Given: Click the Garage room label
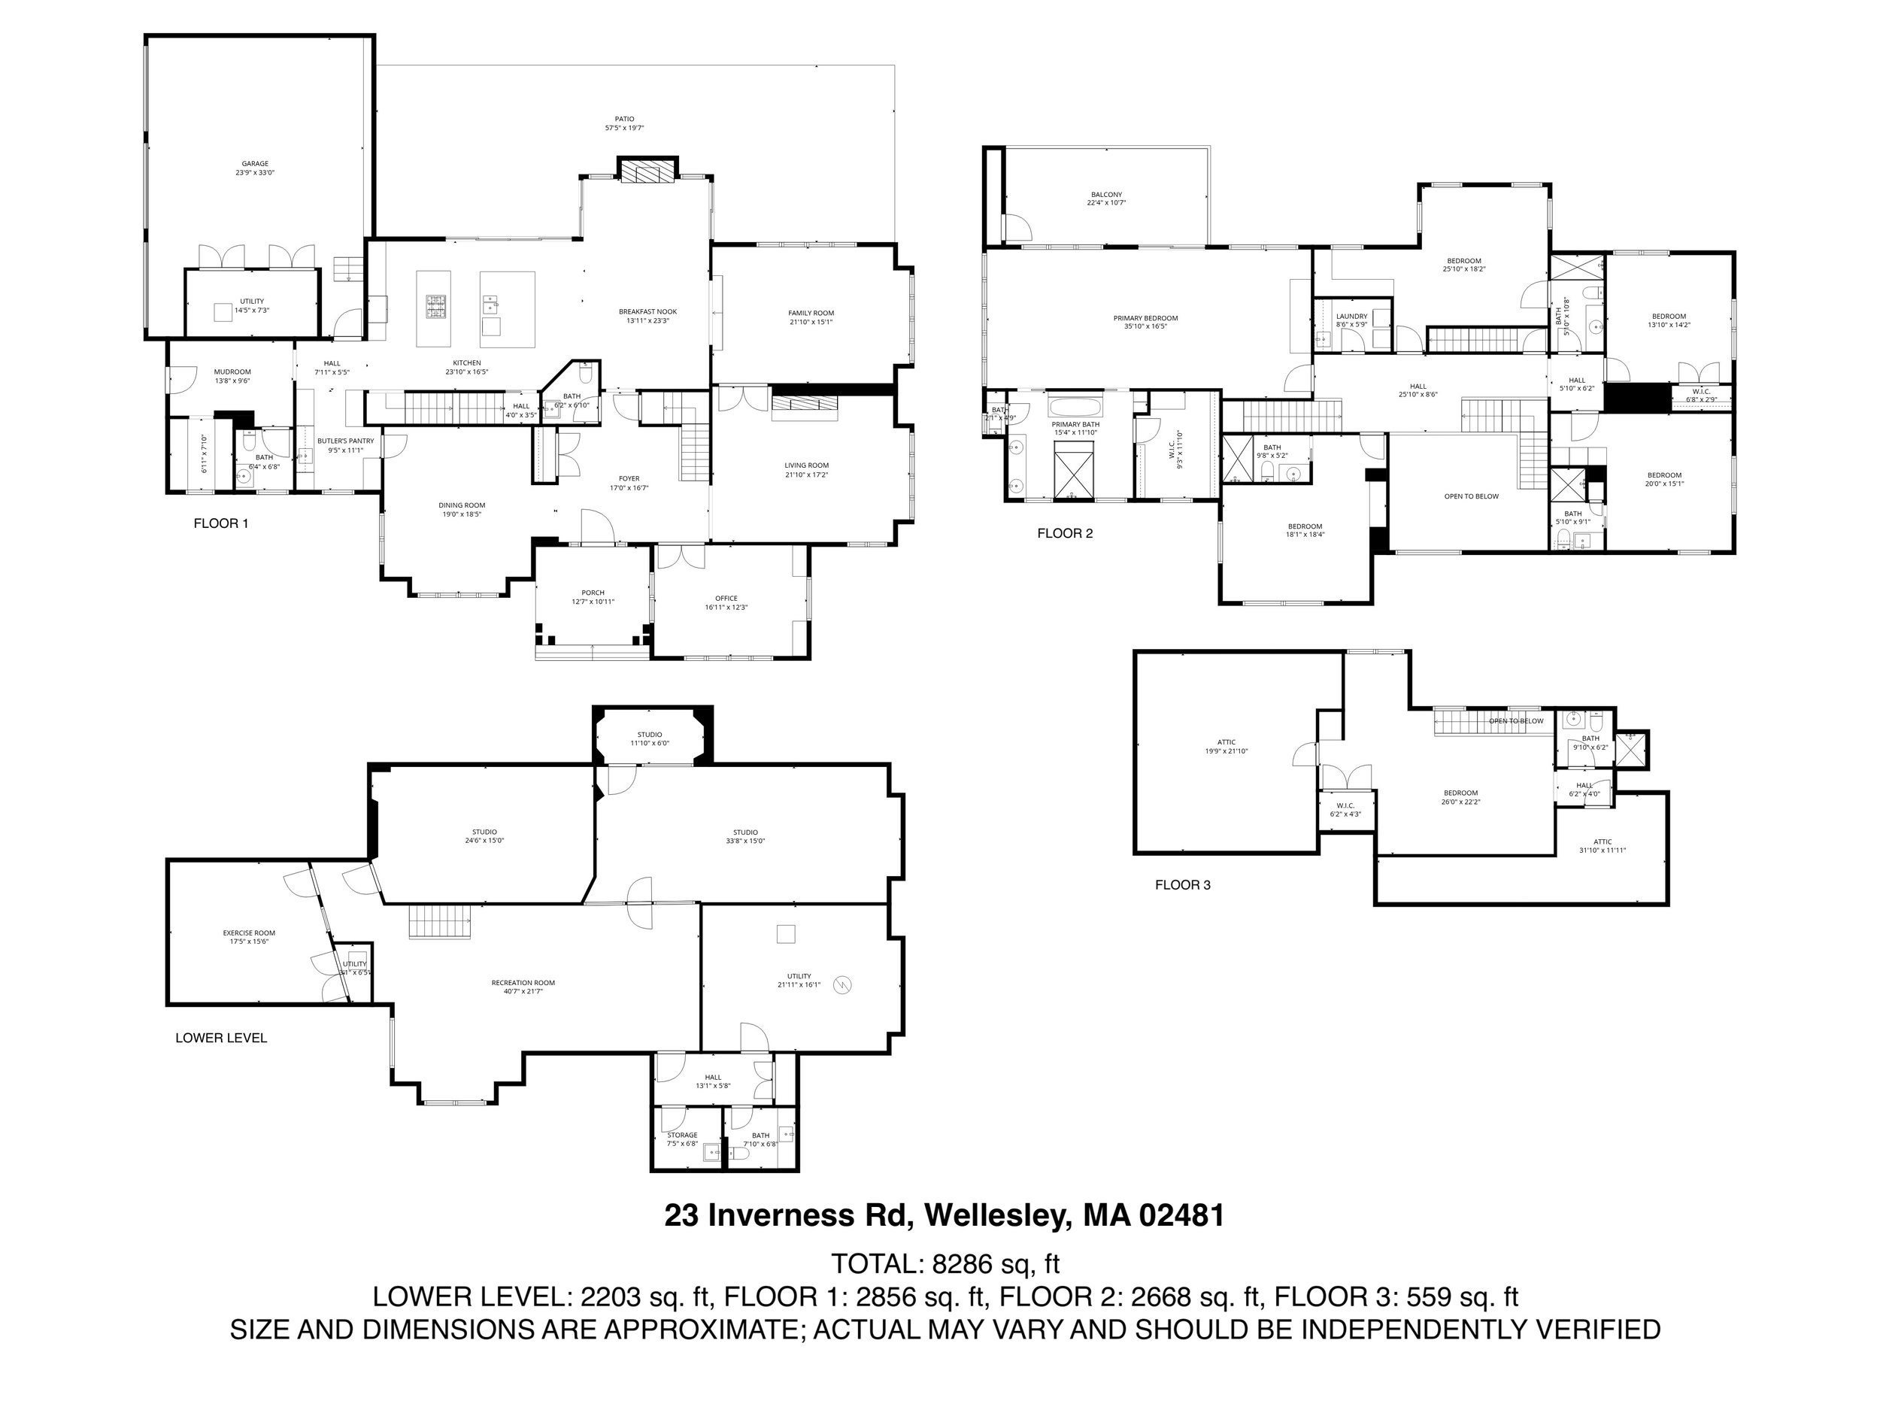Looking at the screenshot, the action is tap(255, 164).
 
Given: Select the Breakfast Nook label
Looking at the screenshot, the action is tap(647, 312).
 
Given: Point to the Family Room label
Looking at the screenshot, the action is tap(811, 314).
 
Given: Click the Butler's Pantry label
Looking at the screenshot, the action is tap(345, 441).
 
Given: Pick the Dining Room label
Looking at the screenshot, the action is tap(462, 505).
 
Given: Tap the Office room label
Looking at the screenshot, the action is tap(726, 599).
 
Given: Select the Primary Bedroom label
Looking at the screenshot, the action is tap(1146, 319).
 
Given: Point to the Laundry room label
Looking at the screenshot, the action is tap(1351, 316).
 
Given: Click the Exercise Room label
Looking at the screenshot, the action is tap(249, 933).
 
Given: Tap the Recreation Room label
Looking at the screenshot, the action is tap(523, 984).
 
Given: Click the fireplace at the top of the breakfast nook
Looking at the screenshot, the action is tap(647, 171).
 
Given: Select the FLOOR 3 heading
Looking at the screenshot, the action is tap(1182, 886).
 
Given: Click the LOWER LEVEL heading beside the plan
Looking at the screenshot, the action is tap(221, 1038).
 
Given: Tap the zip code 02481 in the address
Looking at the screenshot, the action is tap(1181, 1215).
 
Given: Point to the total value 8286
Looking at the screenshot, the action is tap(962, 1264).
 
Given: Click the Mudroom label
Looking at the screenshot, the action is tap(232, 371).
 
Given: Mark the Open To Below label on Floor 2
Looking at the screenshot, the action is tap(1471, 496).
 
